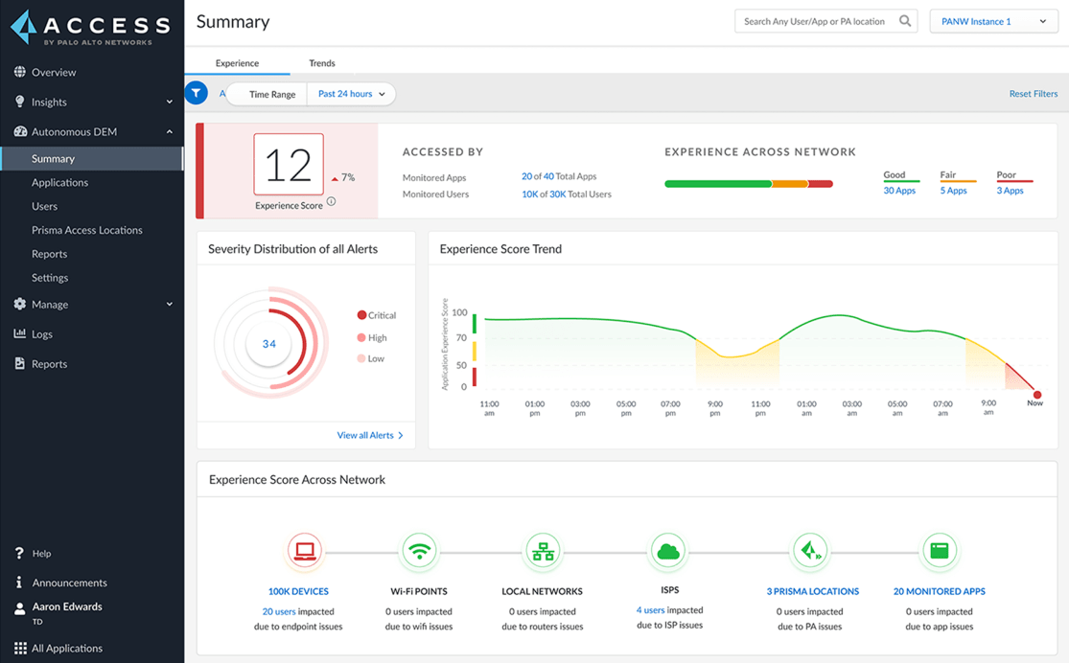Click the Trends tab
coord(322,63)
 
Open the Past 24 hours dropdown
coord(351,94)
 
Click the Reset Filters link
coord(1033,94)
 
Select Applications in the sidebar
coord(59,182)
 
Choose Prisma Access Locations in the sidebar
coord(86,230)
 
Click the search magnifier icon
coord(905,21)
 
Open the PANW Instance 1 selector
coord(993,21)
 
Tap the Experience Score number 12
coord(289,165)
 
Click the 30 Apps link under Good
coord(899,191)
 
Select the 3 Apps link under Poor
coord(1010,191)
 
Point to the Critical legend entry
coord(376,315)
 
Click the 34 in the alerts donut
coord(269,344)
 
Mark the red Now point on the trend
coord(1036,395)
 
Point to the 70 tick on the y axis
coord(460,338)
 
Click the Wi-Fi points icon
coord(419,551)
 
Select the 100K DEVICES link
coord(298,591)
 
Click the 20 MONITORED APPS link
coord(939,591)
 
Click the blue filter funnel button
coord(197,94)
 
